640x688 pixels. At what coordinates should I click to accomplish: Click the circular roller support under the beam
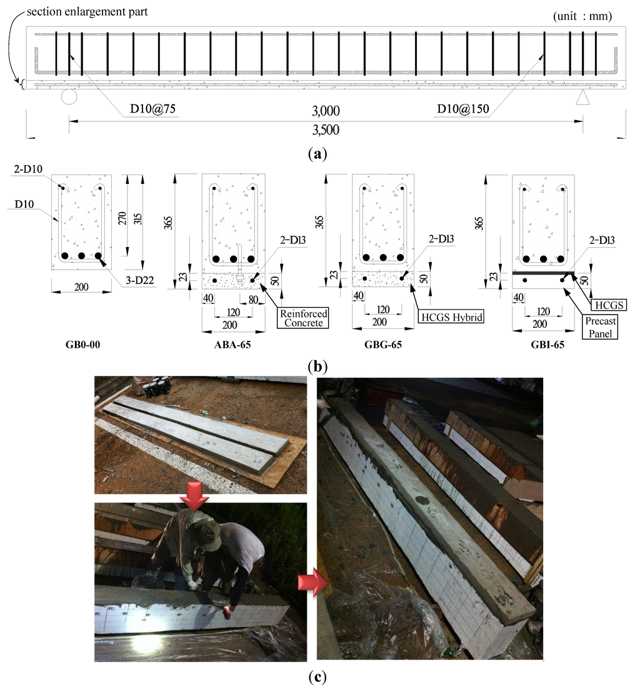tap(69, 98)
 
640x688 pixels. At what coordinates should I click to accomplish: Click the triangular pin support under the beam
tap(582, 98)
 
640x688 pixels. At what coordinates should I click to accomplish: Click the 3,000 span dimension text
tap(326, 111)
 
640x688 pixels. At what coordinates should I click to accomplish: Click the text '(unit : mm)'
tap(582, 16)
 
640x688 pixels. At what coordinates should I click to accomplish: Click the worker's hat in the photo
tap(207, 533)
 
